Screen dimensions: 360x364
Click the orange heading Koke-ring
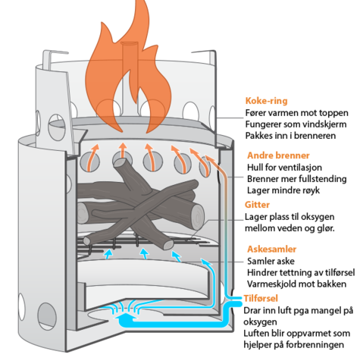266,101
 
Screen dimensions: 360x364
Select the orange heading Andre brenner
278,155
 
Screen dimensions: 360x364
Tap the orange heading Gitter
257,205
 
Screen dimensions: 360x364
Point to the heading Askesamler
272,249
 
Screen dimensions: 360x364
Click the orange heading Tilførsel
261,298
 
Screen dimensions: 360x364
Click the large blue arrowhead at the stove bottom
126,316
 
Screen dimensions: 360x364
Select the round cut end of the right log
197,217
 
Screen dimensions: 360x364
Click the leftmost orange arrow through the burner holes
92,157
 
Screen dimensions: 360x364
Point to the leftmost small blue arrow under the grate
108,254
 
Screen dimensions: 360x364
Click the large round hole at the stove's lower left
47,316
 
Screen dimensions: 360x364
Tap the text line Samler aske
268,261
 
